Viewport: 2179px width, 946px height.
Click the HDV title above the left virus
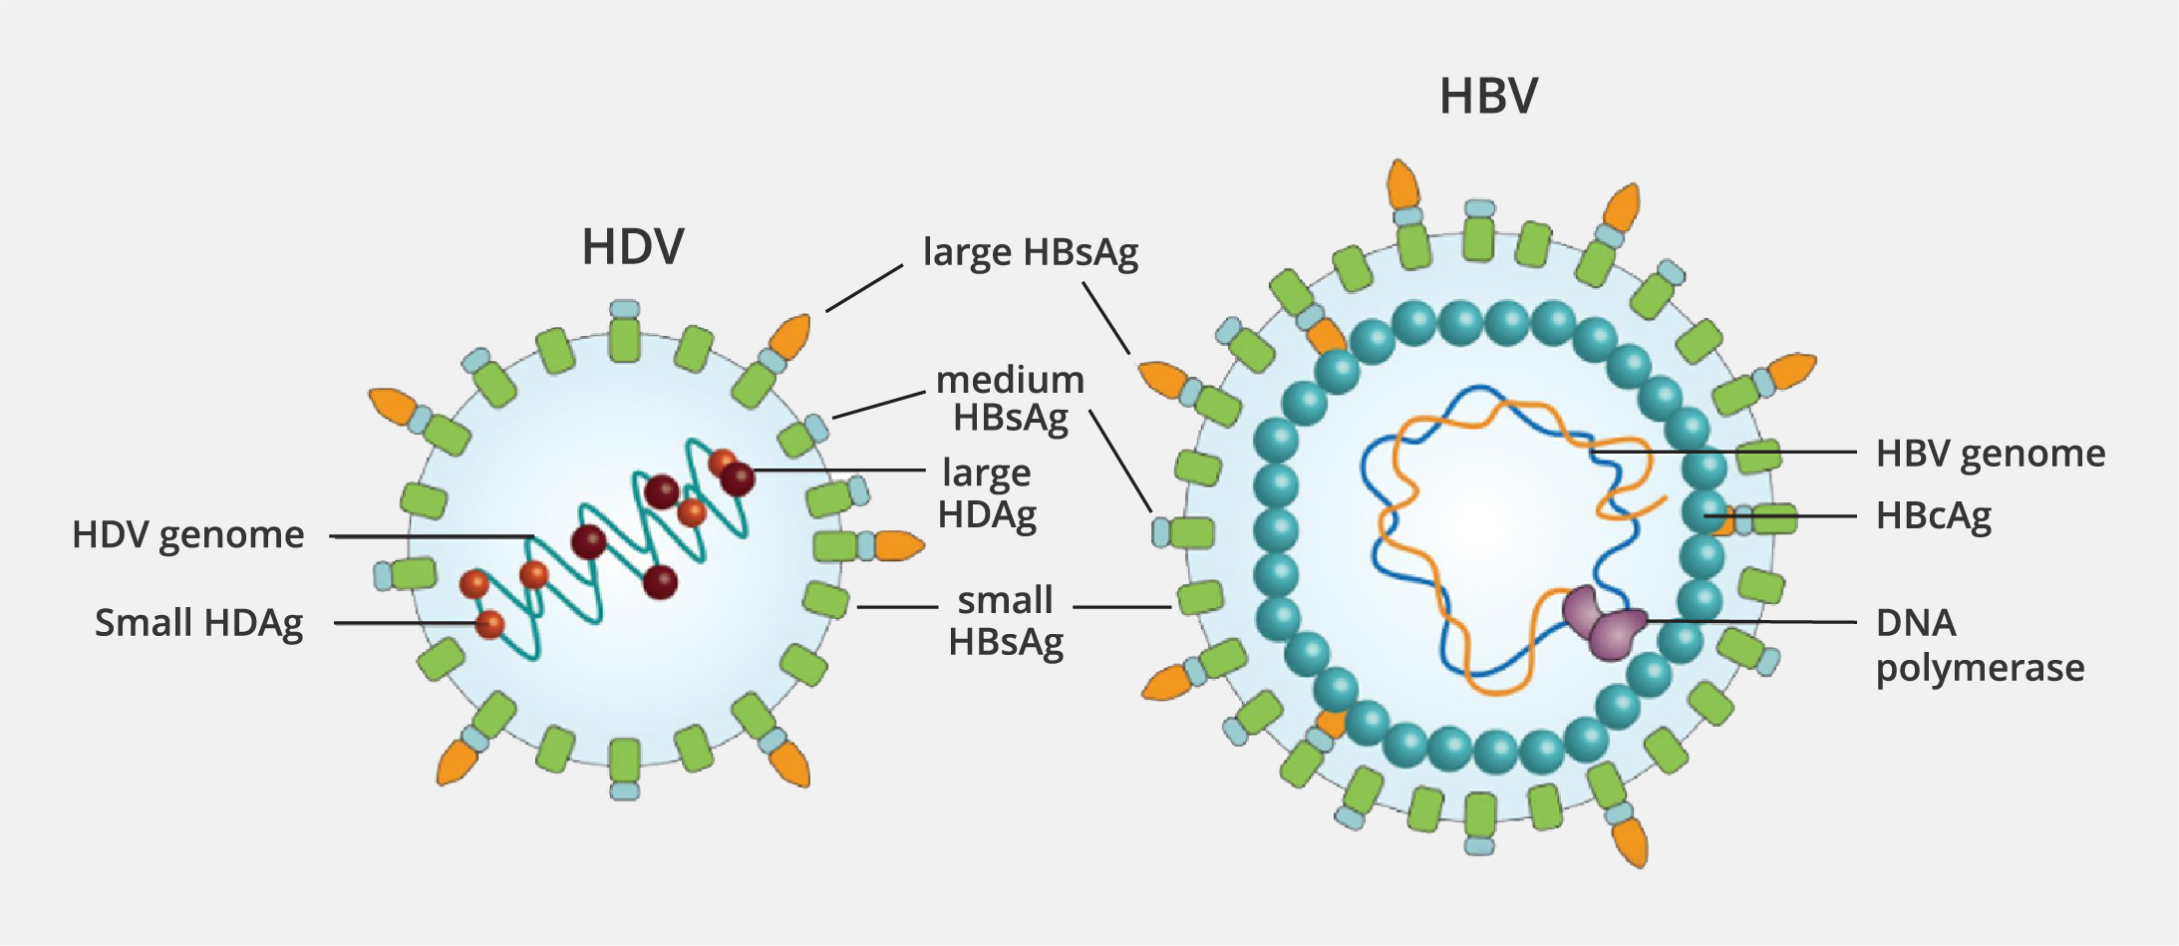click(x=633, y=247)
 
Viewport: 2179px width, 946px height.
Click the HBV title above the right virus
click(x=1488, y=97)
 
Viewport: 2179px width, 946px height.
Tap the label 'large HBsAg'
click(x=1031, y=252)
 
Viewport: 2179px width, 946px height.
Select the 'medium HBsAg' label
click(x=1010, y=399)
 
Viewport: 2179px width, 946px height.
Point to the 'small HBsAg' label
click(x=1006, y=621)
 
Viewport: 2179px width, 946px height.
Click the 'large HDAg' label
click(x=987, y=493)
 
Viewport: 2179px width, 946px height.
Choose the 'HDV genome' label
click(x=188, y=535)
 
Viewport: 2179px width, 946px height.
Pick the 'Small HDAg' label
click(x=198, y=623)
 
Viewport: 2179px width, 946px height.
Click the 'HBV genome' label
click(x=1991, y=454)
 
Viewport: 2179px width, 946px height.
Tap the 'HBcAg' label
click(x=1934, y=516)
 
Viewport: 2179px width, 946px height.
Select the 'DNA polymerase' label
click(x=1980, y=645)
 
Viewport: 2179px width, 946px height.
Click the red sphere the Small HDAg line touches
click(x=489, y=625)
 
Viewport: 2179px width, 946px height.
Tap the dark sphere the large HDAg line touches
click(x=738, y=478)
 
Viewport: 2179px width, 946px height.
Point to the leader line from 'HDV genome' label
click(x=429, y=536)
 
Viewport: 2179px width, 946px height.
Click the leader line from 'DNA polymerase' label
click(x=1754, y=621)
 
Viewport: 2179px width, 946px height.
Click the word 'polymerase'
click(x=1980, y=668)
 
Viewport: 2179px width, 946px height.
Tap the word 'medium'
click(x=1010, y=381)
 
